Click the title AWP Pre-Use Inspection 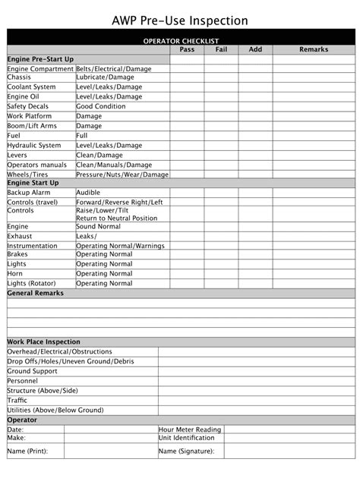click(x=180, y=20)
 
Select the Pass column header click(x=187, y=49)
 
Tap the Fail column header click(x=221, y=49)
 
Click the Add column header click(x=255, y=49)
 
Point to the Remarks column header click(x=314, y=49)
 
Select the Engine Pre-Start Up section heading click(x=40, y=58)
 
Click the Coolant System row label click(x=31, y=87)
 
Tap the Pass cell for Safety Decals click(x=187, y=107)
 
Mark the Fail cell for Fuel click(x=221, y=136)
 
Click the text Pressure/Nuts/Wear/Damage click(x=122, y=175)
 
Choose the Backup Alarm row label click(x=29, y=193)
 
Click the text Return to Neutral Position click(x=117, y=219)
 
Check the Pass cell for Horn click(x=187, y=274)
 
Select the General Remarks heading click(x=36, y=293)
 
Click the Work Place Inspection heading click(x=43, y=342)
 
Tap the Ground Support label click(x=32, y=372)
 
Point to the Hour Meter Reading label click(x=190, y=429)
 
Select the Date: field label click(x=15, y=429)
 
